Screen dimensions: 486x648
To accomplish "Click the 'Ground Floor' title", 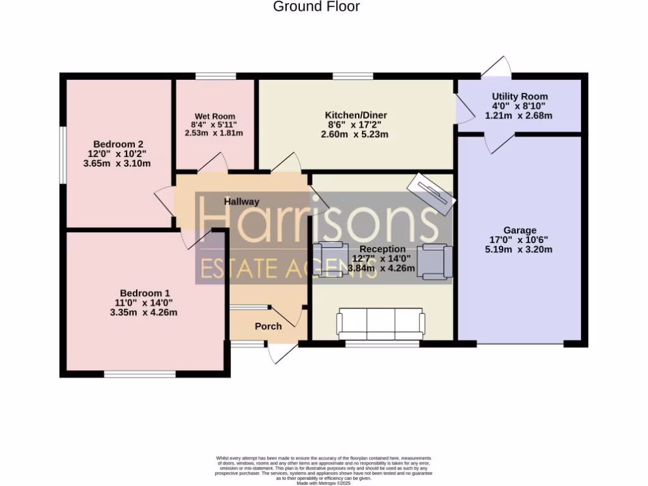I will (x=316, y=7).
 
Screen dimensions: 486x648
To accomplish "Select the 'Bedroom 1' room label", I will (x=144, y=293).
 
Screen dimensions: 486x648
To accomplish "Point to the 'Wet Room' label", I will (x=215, y=116).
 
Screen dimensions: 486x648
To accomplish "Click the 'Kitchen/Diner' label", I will (x=356, y=115).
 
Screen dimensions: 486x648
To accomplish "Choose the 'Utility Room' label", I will (x=520, y=96).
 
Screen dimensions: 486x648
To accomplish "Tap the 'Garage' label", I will (x=520, y=230).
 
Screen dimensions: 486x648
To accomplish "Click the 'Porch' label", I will (x=268, y=327).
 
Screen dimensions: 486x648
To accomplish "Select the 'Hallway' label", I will (x=242, y=202).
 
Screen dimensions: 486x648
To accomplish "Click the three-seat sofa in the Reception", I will (x=381, y=324).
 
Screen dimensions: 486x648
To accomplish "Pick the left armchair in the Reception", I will (x=330, y=259).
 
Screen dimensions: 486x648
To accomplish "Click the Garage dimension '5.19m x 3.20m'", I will (x=519, y=249).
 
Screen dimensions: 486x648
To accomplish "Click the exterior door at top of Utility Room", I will (x=497, y=67).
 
